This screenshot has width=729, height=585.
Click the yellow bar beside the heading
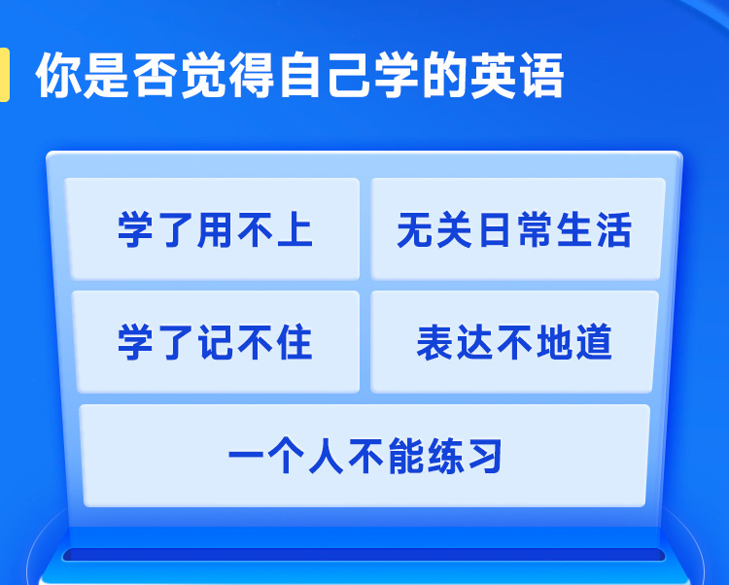(4, 75)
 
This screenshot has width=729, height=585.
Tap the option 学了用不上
(215, 229)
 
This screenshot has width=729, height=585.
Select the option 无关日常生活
(517, 229)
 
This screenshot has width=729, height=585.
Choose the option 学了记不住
(216, 342)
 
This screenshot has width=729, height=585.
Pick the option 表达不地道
(514, 342)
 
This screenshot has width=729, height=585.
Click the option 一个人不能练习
(364, 456)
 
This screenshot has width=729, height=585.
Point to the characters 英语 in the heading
(517, 75)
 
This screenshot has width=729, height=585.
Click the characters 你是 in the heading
(83, 75)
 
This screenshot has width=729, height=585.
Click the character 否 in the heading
(155, 75)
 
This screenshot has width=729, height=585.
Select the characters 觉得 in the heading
(227, 75)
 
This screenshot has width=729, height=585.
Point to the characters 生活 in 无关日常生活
(594, 229)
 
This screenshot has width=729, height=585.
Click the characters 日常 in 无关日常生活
(514, 229)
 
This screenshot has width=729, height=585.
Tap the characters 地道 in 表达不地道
(573, 342)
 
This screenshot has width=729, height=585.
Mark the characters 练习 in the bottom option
(465, 457)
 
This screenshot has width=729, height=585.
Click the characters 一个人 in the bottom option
(286, 457)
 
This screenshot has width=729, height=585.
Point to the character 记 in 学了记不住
(215, 342)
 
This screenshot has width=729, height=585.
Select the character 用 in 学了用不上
(215, 229)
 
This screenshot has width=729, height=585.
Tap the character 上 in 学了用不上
(295, 229)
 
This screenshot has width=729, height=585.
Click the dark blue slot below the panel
(364, 555)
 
